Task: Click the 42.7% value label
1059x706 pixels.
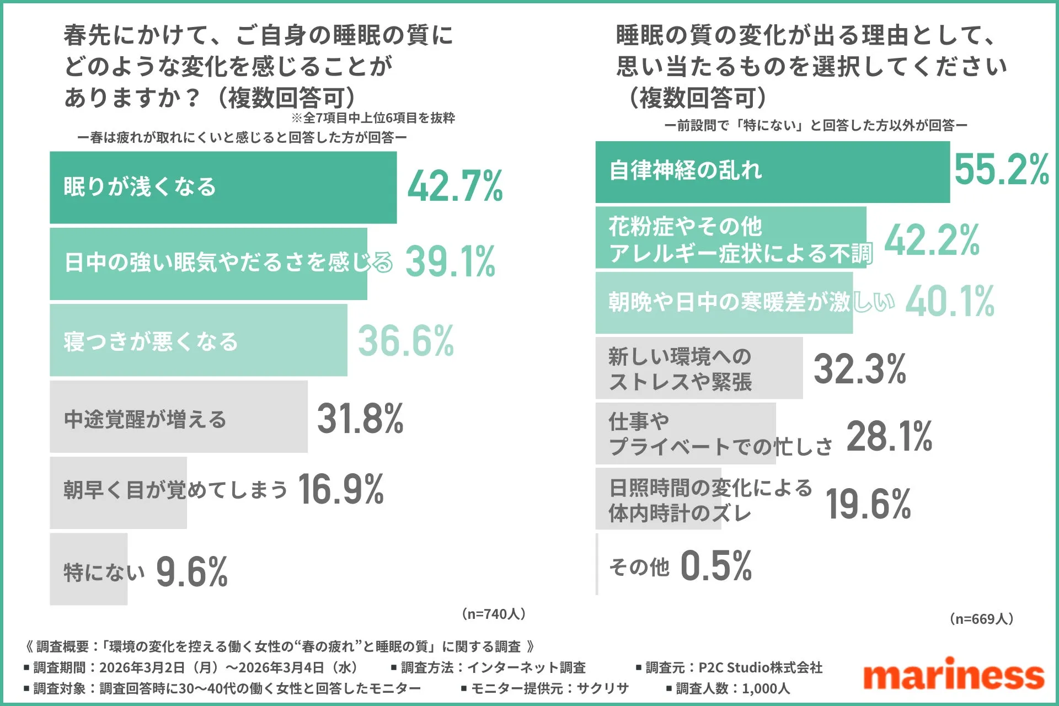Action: (x=455, y=186)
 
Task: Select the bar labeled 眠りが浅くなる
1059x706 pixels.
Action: (x=223, y=188)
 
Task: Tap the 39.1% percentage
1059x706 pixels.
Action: (x=451, y=261)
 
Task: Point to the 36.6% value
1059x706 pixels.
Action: (x=406, y=341)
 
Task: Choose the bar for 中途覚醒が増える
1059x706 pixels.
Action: (x=178, y=418)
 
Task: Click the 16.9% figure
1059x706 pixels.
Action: (x=341, y=489)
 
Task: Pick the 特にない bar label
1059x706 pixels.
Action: (x=104, y=572)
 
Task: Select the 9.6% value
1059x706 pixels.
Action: (x=192, y=572)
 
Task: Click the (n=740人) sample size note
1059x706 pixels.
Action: (x=494, y=614)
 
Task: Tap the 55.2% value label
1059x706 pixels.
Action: (x=1001, y=169)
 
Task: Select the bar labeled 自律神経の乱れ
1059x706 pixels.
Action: (x=772, y=172)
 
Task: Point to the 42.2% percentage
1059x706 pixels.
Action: (x=932, y=240)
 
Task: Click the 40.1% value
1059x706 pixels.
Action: (x=950, y=302)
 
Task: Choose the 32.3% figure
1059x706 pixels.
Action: (x=859, y=369)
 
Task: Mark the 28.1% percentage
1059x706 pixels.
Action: (x=889, y=436)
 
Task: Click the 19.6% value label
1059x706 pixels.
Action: (x=868, y=504)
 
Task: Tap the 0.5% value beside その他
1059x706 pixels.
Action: (x=716, y=566)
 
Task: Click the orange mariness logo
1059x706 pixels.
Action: (x=954, y=674)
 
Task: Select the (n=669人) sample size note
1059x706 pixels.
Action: (x=982, y=619)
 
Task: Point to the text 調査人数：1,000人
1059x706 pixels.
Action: (x=728, y=688)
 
